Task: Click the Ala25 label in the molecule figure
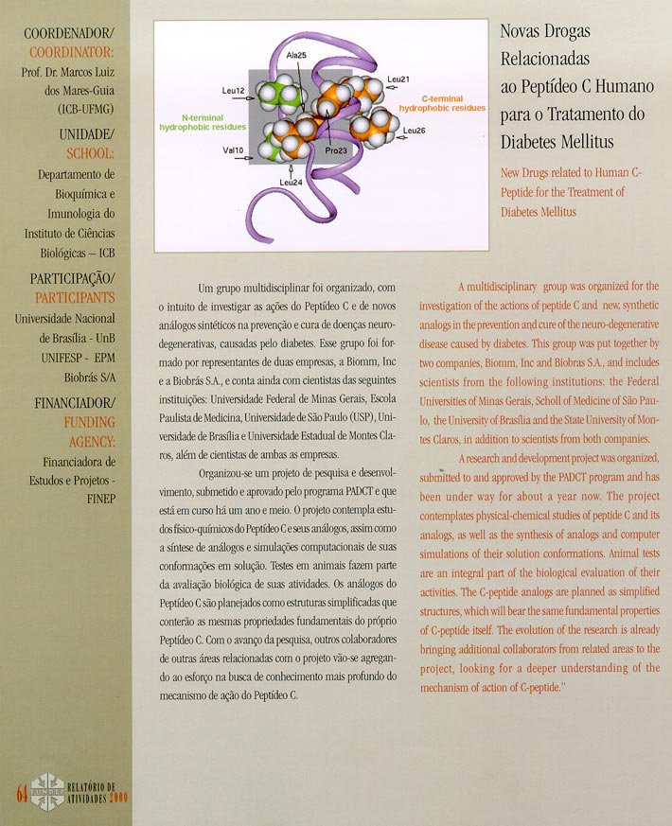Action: [296, 56]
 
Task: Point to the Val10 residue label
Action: [233, 150]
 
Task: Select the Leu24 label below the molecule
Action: [291, 182]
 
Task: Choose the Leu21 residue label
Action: [398, 79]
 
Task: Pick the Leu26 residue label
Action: [414, 130]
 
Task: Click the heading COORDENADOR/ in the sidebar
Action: [71, 34]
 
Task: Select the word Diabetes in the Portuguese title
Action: [533, 141]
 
